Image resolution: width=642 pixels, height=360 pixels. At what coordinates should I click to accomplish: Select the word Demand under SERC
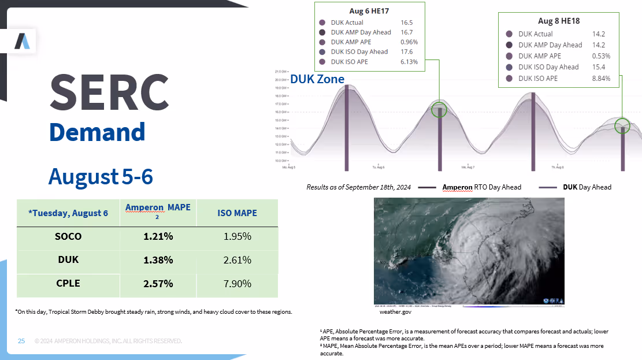tap(97, 132)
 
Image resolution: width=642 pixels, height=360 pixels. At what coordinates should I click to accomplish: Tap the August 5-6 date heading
tap(101, 176)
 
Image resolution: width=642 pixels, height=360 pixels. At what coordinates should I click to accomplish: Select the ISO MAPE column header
tap(237, 213)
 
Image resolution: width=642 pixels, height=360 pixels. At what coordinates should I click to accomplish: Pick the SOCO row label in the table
tap(68, 236)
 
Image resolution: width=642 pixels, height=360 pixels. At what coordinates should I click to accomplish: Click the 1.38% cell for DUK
tap(158, 260)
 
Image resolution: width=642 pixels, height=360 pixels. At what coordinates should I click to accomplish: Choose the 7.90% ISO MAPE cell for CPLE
tap(237, 284)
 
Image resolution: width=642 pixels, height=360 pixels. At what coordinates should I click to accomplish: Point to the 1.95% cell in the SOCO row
tap(237, 236)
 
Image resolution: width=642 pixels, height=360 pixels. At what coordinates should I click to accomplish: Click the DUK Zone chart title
tap(317, 79)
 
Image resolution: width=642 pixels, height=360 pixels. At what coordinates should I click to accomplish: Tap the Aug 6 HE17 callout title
tap(369, 11)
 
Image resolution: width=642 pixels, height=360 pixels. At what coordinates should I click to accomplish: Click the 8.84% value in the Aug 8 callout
tap(601, 78)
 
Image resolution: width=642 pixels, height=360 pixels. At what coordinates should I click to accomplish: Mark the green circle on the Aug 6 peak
tap(439, 110)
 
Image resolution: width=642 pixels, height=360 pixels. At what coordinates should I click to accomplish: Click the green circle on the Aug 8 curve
tap(622, 125)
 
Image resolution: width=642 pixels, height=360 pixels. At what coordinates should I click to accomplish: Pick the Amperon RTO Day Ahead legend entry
tap(481, 187)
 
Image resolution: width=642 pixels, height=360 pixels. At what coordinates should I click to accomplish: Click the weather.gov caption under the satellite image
tap(395, 311)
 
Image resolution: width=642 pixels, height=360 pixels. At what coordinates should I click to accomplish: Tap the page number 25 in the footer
tap(21, 341)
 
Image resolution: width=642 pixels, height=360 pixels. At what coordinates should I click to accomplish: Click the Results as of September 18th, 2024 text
tap(358, 187)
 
